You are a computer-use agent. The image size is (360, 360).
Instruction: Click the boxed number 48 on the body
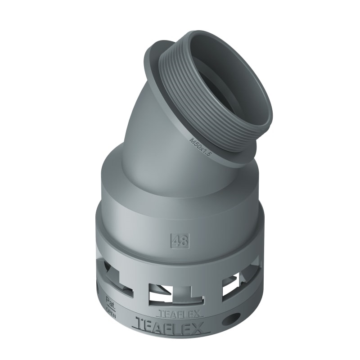[x=180, y=240]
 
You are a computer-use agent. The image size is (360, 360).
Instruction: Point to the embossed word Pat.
[x=109, y=299]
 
